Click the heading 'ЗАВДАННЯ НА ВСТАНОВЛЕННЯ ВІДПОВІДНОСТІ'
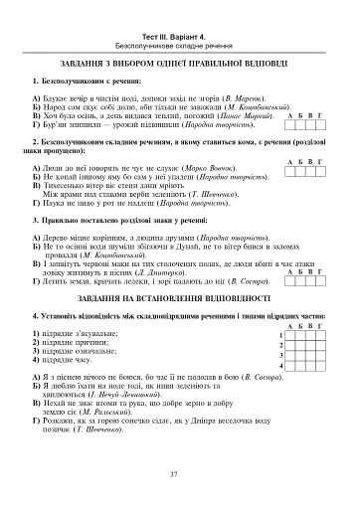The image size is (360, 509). tap(180, 297)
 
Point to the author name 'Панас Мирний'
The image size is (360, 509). tap(247, 117)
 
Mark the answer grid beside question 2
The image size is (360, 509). tap(312, 171)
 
